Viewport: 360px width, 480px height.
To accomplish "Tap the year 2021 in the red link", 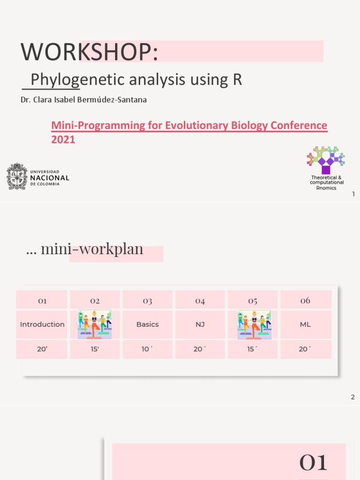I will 63,140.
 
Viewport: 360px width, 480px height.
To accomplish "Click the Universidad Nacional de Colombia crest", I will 17,176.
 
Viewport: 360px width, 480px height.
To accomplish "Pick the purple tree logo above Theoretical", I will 325,160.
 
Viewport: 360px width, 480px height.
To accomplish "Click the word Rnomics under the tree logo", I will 326,188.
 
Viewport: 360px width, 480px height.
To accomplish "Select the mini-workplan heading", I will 91,249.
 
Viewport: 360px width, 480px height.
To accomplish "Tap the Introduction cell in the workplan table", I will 42,324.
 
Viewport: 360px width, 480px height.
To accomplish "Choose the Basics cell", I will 148,324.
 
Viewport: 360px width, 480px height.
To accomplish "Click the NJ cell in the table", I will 200,324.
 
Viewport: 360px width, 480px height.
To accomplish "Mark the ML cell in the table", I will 306,324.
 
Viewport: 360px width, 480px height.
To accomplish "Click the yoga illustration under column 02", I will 95,324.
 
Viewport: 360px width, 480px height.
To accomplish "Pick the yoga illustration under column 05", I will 253,324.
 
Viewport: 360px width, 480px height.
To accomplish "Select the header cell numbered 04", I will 200,300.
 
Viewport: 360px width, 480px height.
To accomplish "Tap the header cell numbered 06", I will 306,300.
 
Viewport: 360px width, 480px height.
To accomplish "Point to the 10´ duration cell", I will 148,349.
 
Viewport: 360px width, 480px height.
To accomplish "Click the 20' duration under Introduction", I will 42,349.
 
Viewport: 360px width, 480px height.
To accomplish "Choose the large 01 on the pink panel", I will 313,463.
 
